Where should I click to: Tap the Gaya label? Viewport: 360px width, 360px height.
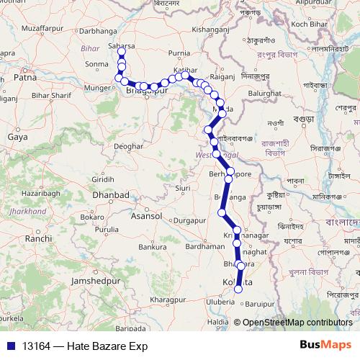click(x=17, y=135)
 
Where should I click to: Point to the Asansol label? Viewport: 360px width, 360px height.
click(x=147, y=215)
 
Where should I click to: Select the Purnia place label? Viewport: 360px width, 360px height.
click(x=179, y=53)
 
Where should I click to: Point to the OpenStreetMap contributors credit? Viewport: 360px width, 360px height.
click(x=297, y=323)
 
